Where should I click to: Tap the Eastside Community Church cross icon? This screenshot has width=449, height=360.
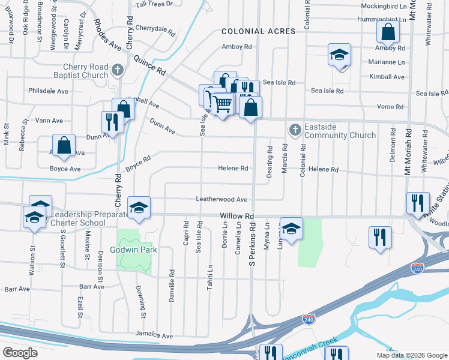point(295,130)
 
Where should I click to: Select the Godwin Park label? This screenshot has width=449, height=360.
point(133,249)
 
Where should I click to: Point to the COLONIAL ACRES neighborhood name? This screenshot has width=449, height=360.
point(258,31)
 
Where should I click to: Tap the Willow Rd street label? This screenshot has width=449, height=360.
point(237,215)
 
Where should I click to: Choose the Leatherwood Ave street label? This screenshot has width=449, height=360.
point(221,199)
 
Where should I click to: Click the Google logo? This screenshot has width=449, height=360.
point(20,353)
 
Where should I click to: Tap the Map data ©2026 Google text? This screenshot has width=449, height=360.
point(411,355)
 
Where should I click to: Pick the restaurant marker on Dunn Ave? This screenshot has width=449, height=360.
point(113,121)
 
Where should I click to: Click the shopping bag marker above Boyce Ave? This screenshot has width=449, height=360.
point(64,145)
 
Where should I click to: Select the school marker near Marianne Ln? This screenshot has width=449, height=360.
point(339,55)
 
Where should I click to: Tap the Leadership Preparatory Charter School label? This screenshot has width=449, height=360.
point(78,218)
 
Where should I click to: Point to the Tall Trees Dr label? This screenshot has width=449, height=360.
point(154,4)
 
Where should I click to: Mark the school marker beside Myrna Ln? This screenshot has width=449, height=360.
point(291,228)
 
